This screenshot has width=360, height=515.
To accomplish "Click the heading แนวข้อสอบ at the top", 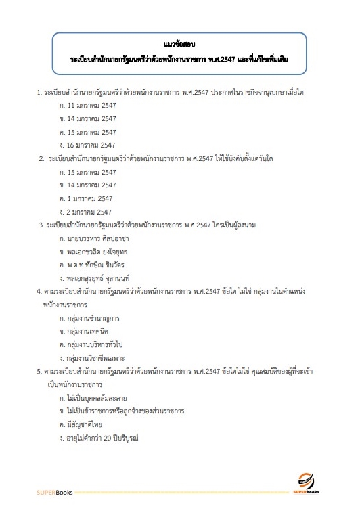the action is pyautogui.click(x=179, y=44).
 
